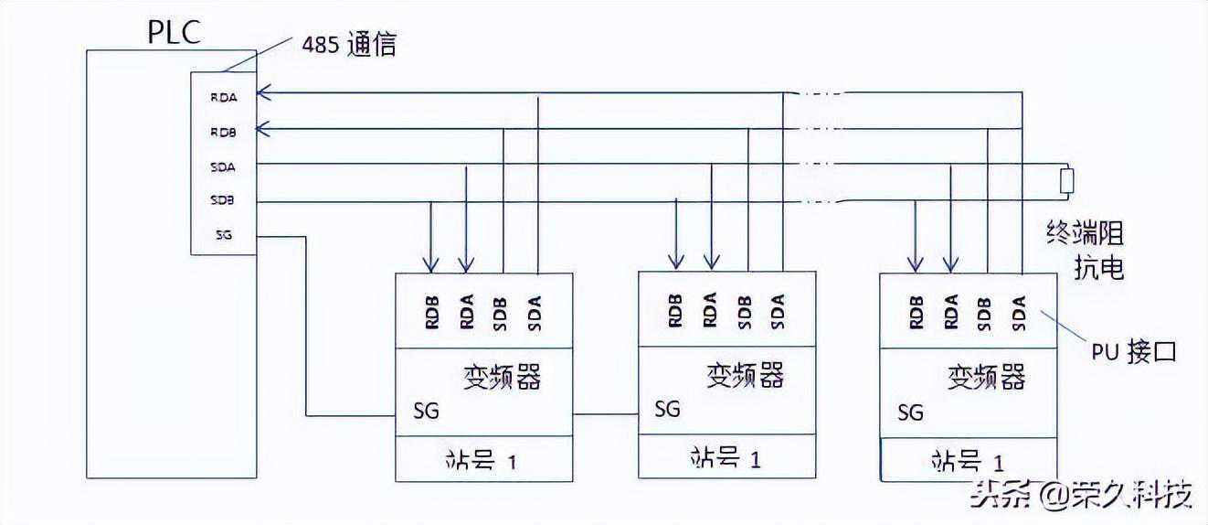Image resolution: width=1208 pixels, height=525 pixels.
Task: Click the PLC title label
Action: tap(175, 32)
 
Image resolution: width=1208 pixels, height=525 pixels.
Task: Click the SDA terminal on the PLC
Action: tap(223, 166)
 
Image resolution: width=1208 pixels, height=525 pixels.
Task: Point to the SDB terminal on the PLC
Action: tap(223, 200)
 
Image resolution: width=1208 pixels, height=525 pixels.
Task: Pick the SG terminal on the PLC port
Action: tap(223, 235)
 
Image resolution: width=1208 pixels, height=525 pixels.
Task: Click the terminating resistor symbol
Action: tap(1065, 181)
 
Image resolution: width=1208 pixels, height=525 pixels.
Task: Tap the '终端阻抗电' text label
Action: tap(1085, 252)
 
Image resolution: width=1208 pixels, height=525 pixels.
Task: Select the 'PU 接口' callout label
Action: tap(1134, 352)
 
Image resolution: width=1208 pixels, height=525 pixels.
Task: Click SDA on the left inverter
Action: tap(535, 313)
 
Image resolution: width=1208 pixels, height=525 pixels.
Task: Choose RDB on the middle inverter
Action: tap(675, 313)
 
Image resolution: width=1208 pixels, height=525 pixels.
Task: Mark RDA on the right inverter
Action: tap(951, 313)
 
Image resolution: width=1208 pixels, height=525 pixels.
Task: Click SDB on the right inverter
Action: tap(985, 313)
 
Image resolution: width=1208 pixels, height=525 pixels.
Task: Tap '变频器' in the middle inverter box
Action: tap(745, 375)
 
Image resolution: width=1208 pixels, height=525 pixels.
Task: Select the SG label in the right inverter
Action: tap(910, 412)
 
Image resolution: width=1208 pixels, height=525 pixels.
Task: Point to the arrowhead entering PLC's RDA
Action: tap(264, 92)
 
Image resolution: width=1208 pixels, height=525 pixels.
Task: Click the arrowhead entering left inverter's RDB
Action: tap(430, 265)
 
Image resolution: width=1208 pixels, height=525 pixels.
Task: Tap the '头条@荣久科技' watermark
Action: tap(1082, 495)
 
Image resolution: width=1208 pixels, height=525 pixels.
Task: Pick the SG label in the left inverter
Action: tap(426, 411)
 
